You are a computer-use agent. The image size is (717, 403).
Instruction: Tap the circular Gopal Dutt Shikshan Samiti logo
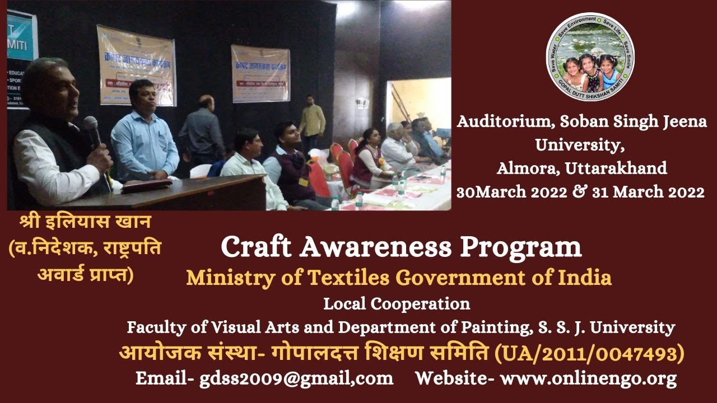(x=590, y=57)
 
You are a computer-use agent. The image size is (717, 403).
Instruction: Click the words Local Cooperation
(x=397, y=304)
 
